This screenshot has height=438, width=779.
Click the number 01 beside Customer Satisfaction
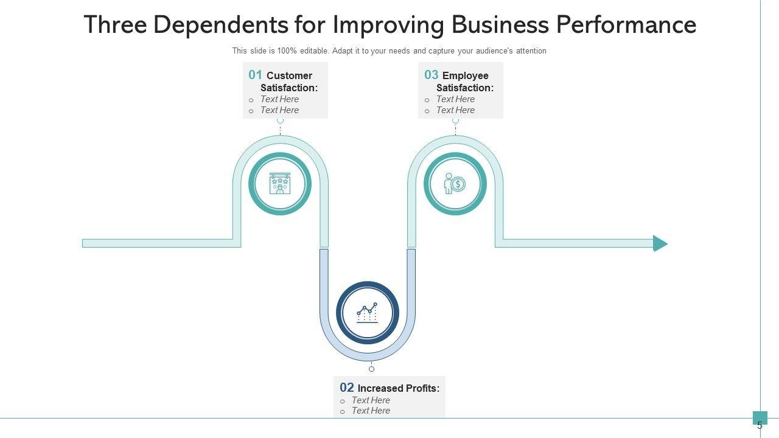click(255, 75)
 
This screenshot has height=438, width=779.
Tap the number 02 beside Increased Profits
click(347, 387)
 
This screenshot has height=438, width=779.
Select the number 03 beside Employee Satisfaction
click(431, 75)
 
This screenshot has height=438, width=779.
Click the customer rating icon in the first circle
click(280, 184)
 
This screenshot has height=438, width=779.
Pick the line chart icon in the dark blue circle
click(367, 312)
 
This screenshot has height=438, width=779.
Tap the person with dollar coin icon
click(455, 184)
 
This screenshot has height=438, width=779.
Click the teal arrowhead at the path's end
click(660, 243)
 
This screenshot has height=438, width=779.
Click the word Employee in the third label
click(466, 75)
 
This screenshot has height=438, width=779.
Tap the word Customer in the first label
click(289, 75)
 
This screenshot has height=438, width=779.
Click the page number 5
click(760, 426)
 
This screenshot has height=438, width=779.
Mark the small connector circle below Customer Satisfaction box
click(280, 120)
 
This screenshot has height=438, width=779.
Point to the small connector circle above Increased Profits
click(371, 369)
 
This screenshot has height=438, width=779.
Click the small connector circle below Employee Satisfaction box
click(455, 120)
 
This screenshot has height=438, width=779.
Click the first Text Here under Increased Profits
click(371, 400)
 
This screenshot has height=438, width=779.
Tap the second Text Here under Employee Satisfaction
click(455, 110)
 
